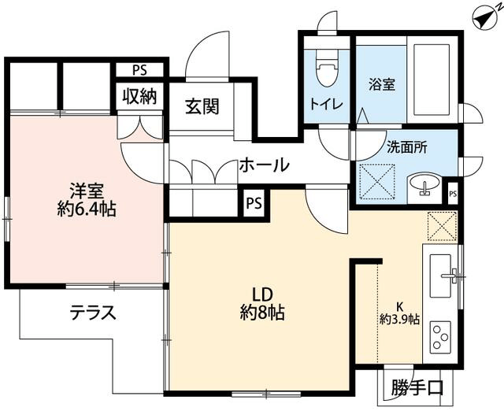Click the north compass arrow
tap(484, 18)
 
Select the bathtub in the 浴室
tap(432, 80)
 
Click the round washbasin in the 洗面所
tap(424, 184)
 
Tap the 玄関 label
tap(202, 106)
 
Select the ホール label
tap(265, 165)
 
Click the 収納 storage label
tap(139, 96)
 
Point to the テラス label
tap(93, 313)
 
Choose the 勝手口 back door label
tap(417, 388)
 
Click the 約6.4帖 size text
tap(87, 209)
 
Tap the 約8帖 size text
tap(262, 313)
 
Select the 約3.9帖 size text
tap(399, 320)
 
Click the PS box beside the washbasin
tap(453, 194)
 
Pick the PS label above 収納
tap(139, 70)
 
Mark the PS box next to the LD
tap(254, 203)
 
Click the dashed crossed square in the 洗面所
tap(377, 182)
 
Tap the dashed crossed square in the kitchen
tap(442, 226)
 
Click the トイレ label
tap(327, 105)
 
